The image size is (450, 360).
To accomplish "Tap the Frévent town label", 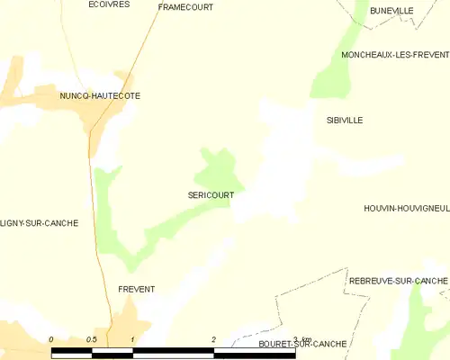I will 137,289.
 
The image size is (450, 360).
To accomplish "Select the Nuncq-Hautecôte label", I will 100,95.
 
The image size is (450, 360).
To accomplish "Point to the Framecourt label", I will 184,6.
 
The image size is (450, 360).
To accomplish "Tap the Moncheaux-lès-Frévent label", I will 394,55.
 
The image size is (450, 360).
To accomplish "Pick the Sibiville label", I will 345,120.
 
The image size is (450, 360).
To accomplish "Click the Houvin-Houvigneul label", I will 406,208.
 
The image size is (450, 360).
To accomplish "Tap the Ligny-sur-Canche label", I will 40,223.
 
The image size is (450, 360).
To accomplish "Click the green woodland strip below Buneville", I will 337,58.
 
